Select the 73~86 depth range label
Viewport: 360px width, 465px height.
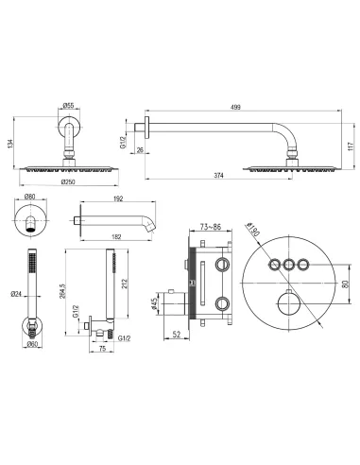coord(212,228)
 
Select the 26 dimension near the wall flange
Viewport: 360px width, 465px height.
coord(139,147)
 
